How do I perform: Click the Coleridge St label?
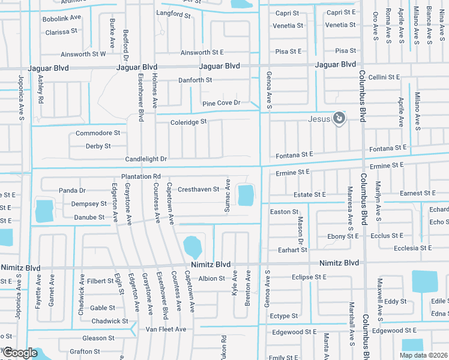point(188,121)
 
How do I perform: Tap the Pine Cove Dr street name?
point(221,103)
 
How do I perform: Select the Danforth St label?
point(195,80)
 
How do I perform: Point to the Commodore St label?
point(98,133)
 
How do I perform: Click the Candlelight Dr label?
point(146,159)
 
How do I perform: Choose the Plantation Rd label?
point(141,176)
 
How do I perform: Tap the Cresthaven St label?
point(199,190)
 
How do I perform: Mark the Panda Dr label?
point(73,190)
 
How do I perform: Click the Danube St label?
point(88,217)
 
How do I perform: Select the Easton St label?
point(284,212)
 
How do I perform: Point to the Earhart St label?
point(292,250)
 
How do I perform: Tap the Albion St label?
point(211,278)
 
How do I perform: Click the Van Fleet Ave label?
point(166,329)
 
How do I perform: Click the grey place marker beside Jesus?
point(339,118)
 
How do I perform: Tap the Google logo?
point(20,353)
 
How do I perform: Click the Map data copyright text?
point(423,355)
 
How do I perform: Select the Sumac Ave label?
point(228,195)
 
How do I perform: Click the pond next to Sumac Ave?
point(246,195)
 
